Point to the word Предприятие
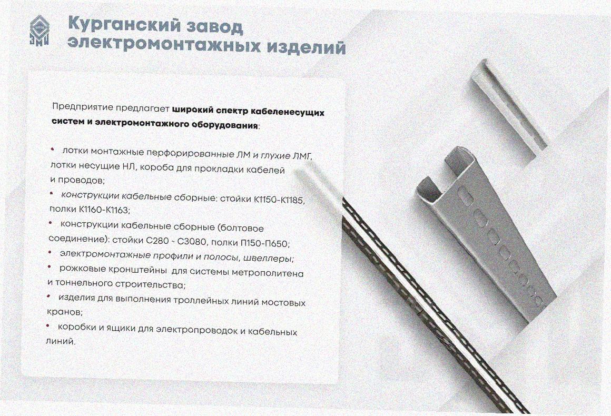83,107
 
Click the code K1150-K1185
279,200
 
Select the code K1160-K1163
104,210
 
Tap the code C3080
191,242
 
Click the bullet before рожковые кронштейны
50,267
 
